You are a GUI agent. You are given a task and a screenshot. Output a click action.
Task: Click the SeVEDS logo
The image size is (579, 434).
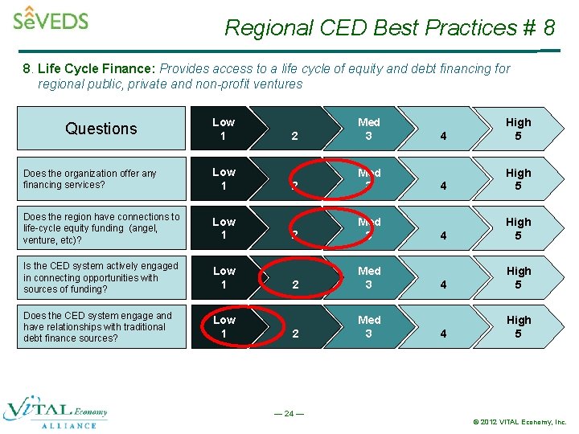pyautogui.click(x=50, y=18)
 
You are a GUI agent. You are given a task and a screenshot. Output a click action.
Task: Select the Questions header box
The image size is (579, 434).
pyautogui.click(x=101, y=129)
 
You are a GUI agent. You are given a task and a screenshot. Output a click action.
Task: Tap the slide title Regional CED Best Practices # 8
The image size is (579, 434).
pyautogui.click(x=389, y=27)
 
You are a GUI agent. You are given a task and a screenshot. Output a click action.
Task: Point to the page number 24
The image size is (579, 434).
pyautogui.click(x=289, y=414)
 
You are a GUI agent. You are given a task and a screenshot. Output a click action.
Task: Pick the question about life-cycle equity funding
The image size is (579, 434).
pyautogui.click(x=101, y=228)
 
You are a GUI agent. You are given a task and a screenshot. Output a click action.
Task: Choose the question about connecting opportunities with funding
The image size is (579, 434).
pyautogui.click(x=101, y=277)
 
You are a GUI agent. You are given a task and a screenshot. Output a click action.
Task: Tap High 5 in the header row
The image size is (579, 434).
pyautogui.click(x=518, y=129)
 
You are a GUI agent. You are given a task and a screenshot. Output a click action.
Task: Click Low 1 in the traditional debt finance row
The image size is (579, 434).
pyautogui.click(x=224, y=327)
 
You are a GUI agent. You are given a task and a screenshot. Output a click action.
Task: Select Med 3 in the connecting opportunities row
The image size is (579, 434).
pyautogui.click(x=369, y=277)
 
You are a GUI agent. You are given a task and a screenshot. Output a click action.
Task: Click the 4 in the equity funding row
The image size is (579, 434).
pyautogui.click(x=443, y=235)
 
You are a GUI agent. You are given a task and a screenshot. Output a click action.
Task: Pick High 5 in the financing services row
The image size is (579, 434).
pyautogui.click(x=518, y=178)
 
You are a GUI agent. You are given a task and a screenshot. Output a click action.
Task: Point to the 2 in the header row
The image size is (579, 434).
pyautogui.click(x=294, y=136)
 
